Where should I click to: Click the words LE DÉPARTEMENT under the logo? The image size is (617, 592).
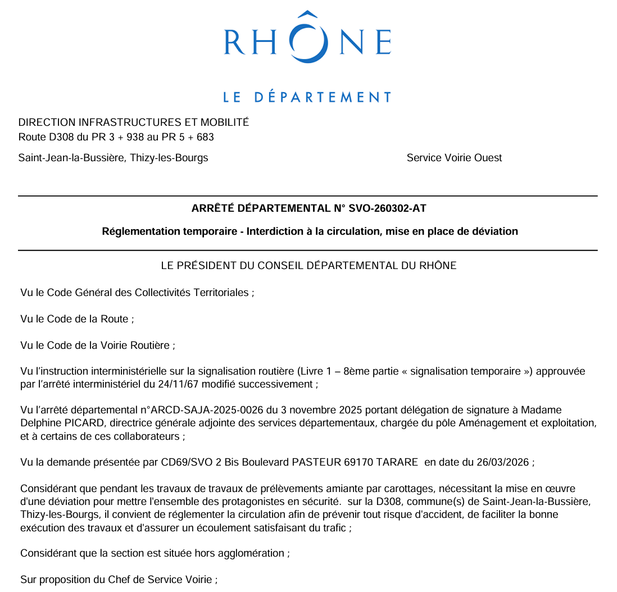pyautogui.click(x=307, y=97)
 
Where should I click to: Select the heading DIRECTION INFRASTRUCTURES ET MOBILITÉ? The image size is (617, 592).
pyautogui.click(x=134, y=122)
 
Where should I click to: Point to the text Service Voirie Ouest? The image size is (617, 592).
pyautogui.click(x=454, y=158)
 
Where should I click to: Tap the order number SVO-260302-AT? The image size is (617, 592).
pyautogui.click(x=388, y=209)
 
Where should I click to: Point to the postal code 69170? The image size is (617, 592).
pyautogui.click(x=356, y=462)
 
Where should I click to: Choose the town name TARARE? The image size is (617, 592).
pyautogui.click(x=396, y=462)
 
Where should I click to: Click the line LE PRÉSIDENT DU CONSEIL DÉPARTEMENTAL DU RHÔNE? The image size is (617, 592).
pyautogui.click(x=308, y=266)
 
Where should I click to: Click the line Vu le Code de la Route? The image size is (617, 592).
pyautogui.click(x=77, y=319)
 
